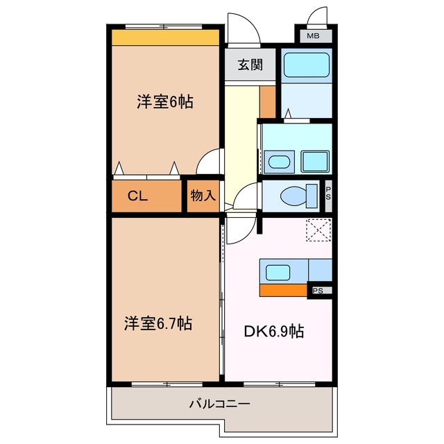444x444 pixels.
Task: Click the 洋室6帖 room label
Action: coord(164,102)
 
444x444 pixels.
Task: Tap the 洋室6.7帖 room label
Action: coord(158,323)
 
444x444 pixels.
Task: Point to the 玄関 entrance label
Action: coord(250,65)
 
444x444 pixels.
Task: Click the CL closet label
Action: coord(137,196)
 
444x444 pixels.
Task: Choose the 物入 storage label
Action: coord(203,196)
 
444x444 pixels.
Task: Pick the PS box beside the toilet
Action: coord(328,194)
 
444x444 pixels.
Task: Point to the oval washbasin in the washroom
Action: coord(278,162)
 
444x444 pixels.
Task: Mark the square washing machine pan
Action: coord(316,162)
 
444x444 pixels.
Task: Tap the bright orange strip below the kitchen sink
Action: coord(283,289)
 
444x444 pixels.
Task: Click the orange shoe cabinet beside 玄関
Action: coord(268,101)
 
